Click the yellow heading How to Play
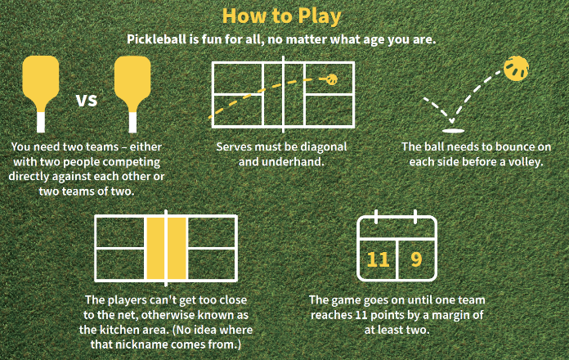pos(281,16)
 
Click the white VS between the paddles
pos(87,100)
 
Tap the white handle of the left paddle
pos(41,122)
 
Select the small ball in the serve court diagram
pos(332,79)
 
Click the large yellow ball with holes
pos(516,68)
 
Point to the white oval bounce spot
pos(453,131)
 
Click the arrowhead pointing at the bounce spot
pos(451,120)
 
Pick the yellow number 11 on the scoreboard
pos(379,259)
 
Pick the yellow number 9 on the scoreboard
pos(417,259)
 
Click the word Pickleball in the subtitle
pos(156,39)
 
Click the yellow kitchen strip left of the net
pos(155,249)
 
